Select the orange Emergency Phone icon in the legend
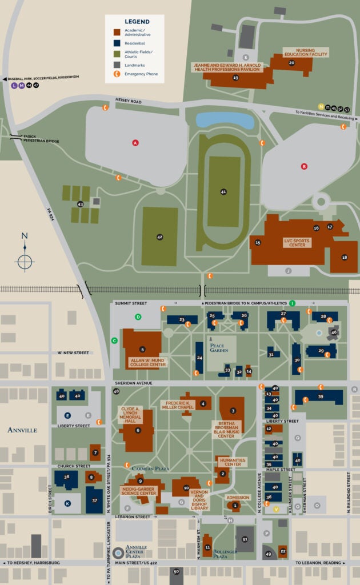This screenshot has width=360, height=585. [117, 74]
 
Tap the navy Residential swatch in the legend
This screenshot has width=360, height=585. [117, 43]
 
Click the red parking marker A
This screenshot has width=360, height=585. [135, 142]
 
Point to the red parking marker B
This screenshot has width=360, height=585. [304, 166]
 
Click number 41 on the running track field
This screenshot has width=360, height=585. [223, 192]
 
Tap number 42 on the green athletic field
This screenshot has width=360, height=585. [159, 237]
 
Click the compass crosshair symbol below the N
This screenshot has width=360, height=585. [25, 262]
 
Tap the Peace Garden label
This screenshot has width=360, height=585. [221, 348]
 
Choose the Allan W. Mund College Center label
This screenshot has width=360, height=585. [147, 362]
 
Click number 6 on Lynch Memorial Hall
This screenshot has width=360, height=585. [138, 430]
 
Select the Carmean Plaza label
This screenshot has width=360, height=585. [151, 468]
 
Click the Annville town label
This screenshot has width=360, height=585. [22, 429]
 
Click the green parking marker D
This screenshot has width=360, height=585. [138, 316]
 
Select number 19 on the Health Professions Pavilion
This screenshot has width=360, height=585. [235, 77]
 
